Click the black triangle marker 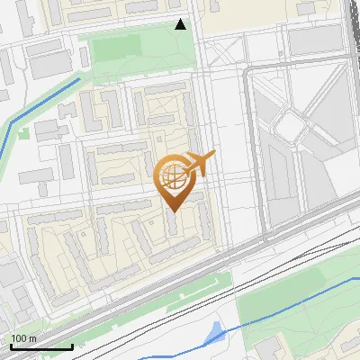(181, 24)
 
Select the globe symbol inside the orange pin (172, 176)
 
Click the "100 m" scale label (23, 338)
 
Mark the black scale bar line (40, 346)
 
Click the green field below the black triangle (135, 45)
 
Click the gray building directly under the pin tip (174, 224)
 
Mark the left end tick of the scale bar (11, 346)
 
